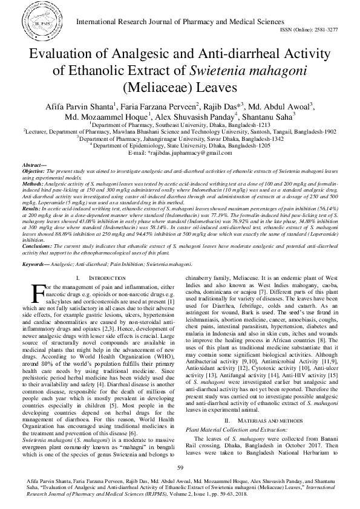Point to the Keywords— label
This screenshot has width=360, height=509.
point(36,264)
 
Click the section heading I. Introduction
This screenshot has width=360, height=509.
point(98,277)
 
